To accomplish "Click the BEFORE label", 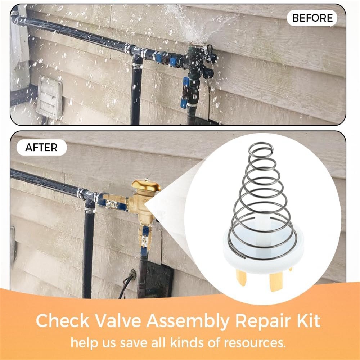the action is point(312,18).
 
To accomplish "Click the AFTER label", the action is point(41,147).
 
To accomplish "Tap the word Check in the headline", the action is point(62,320).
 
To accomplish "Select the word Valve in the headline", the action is point(118,320).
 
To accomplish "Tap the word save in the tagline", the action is point(134,343).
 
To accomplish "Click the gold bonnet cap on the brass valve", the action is point(146,186).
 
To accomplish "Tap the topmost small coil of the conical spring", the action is point(261,149).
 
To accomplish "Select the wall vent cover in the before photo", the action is point(50,98).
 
